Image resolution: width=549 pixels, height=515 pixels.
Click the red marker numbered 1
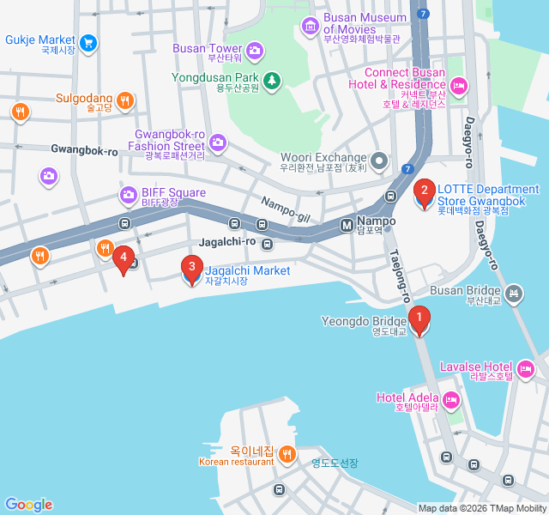(419, 320)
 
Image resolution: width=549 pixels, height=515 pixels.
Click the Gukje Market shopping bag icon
(88, 41)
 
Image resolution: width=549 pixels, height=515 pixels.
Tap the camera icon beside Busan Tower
(254, 51)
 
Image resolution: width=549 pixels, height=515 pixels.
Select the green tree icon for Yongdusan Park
(272, 80)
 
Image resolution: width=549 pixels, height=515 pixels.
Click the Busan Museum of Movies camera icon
(310, 25)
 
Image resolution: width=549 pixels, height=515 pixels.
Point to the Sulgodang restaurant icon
(125, 100)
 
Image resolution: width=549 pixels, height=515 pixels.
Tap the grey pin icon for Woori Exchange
(380, 161)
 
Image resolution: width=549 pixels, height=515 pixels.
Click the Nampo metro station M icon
(347, 225)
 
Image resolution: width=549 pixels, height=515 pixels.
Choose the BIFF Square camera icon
(128, 196)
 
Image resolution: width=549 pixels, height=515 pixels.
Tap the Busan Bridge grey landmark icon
(513, 293)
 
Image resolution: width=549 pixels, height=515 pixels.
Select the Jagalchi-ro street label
(227, 242)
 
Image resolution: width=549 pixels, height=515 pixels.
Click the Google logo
(28, 504)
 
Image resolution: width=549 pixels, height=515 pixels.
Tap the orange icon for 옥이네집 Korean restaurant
(287, 453)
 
